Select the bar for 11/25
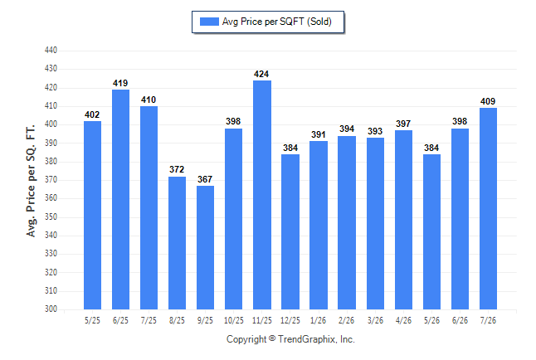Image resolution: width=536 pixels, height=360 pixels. click(x=262, y=195)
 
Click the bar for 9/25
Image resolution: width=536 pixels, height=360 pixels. click(x=206, y=247)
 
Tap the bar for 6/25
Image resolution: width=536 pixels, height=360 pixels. click(x=120, y=200)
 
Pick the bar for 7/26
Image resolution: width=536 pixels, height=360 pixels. click(x=488, y=208)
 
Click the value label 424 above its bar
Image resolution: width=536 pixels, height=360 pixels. click(x=261, y=74)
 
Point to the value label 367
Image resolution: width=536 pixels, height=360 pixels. click(x=205, y=179)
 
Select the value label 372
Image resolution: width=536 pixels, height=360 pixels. click(x=177, y=169)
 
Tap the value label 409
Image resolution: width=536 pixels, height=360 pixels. click(x=488, y=101)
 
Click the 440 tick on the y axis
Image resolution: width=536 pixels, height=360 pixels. click(x=51, y=51)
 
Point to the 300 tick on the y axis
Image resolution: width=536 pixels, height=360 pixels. click(x=51, y=309)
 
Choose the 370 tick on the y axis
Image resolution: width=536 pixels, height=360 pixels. click(x=51, y=180)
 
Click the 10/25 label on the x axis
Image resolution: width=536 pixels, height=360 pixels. click(x=234, y=321)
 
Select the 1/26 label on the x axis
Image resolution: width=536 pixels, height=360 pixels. click(x=319, y=321)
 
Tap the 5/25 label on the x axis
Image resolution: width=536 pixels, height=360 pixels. click(x=92, y=321)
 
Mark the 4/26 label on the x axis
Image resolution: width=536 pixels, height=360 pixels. click(x=403, y=321)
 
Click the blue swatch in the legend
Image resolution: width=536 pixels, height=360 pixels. click(x=209, y=22)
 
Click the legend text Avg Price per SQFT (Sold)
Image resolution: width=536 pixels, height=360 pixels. click(x=277, y=22)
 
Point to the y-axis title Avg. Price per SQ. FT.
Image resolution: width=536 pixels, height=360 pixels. click(x=31, y=181)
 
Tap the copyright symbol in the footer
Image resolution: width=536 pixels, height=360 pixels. click(x=272, y=338)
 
